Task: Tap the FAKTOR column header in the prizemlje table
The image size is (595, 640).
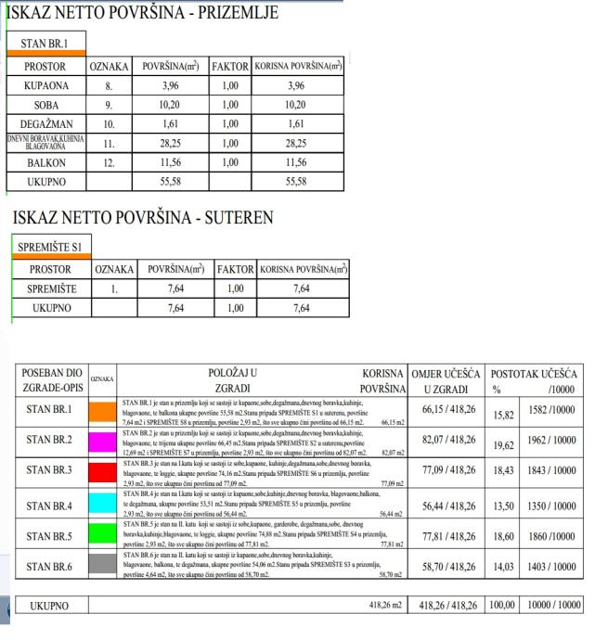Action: [x=230, y=68]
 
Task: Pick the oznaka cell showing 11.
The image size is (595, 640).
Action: [x=108, y=143]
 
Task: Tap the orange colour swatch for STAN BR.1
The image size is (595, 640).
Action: [x=103, y=409]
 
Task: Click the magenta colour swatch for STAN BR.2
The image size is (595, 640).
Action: [x=103, y=441]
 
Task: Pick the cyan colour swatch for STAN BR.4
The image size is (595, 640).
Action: [x=103, y=506]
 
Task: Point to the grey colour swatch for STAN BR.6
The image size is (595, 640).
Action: [x=103, y=564]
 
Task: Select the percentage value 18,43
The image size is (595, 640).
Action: [x=502, y=474]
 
